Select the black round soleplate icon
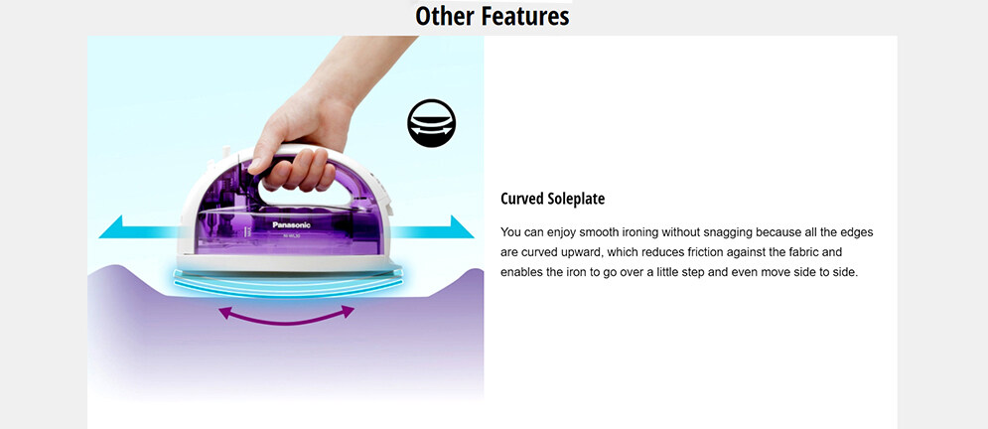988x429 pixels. (x=431, y=123)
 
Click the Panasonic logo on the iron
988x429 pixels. (x=291, y=224)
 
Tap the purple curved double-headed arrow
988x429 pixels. (x=286, y=315)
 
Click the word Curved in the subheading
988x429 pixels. (x=521, y=199)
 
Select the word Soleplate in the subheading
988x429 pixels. (x=575, y=199)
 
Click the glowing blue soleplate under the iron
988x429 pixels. (x=289, y=282)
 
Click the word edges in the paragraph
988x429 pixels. (x=858, y=232)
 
